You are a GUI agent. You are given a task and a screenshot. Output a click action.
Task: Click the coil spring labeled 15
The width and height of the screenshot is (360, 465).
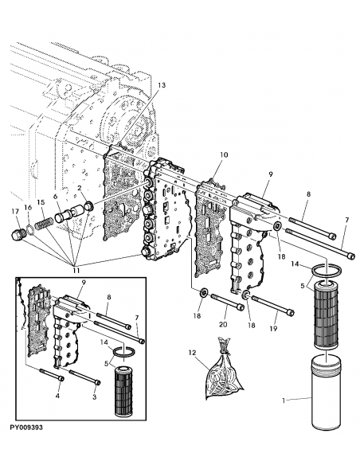pos(45,218)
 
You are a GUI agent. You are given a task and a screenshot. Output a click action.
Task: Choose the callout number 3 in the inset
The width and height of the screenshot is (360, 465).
pos(95,394)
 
